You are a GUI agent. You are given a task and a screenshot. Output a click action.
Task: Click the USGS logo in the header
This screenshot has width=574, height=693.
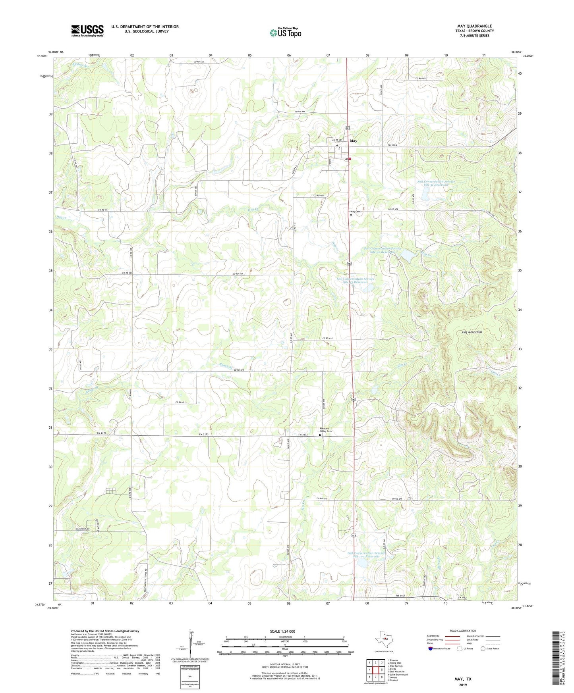tap(87, 31)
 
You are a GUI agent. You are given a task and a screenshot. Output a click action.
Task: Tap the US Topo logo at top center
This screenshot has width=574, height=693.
tap(285, 33)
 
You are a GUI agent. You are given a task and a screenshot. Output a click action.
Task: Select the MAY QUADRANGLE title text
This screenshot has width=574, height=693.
tap(474, 26)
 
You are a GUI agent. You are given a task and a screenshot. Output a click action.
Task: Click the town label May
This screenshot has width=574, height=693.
tap(353, 141)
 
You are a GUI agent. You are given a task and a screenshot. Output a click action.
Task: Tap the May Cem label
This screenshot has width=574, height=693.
tap(355, 212)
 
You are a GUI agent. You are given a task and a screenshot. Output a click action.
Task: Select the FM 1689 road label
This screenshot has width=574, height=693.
tap(392, 146)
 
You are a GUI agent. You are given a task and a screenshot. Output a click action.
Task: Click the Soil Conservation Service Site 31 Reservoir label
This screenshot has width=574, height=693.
tap(436, 183)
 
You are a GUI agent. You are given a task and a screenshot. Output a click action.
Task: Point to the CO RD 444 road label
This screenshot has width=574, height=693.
tap(301, 112)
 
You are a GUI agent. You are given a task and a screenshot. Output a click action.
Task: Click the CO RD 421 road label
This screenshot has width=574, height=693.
tap(181, 402)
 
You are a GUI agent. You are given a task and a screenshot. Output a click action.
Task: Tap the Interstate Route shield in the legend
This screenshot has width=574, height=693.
tap(431, 649)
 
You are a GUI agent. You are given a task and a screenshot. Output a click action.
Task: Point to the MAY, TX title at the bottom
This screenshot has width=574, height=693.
tap(463, 679)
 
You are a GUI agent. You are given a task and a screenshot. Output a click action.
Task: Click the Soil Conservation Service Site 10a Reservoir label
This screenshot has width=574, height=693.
tap(366, 554)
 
